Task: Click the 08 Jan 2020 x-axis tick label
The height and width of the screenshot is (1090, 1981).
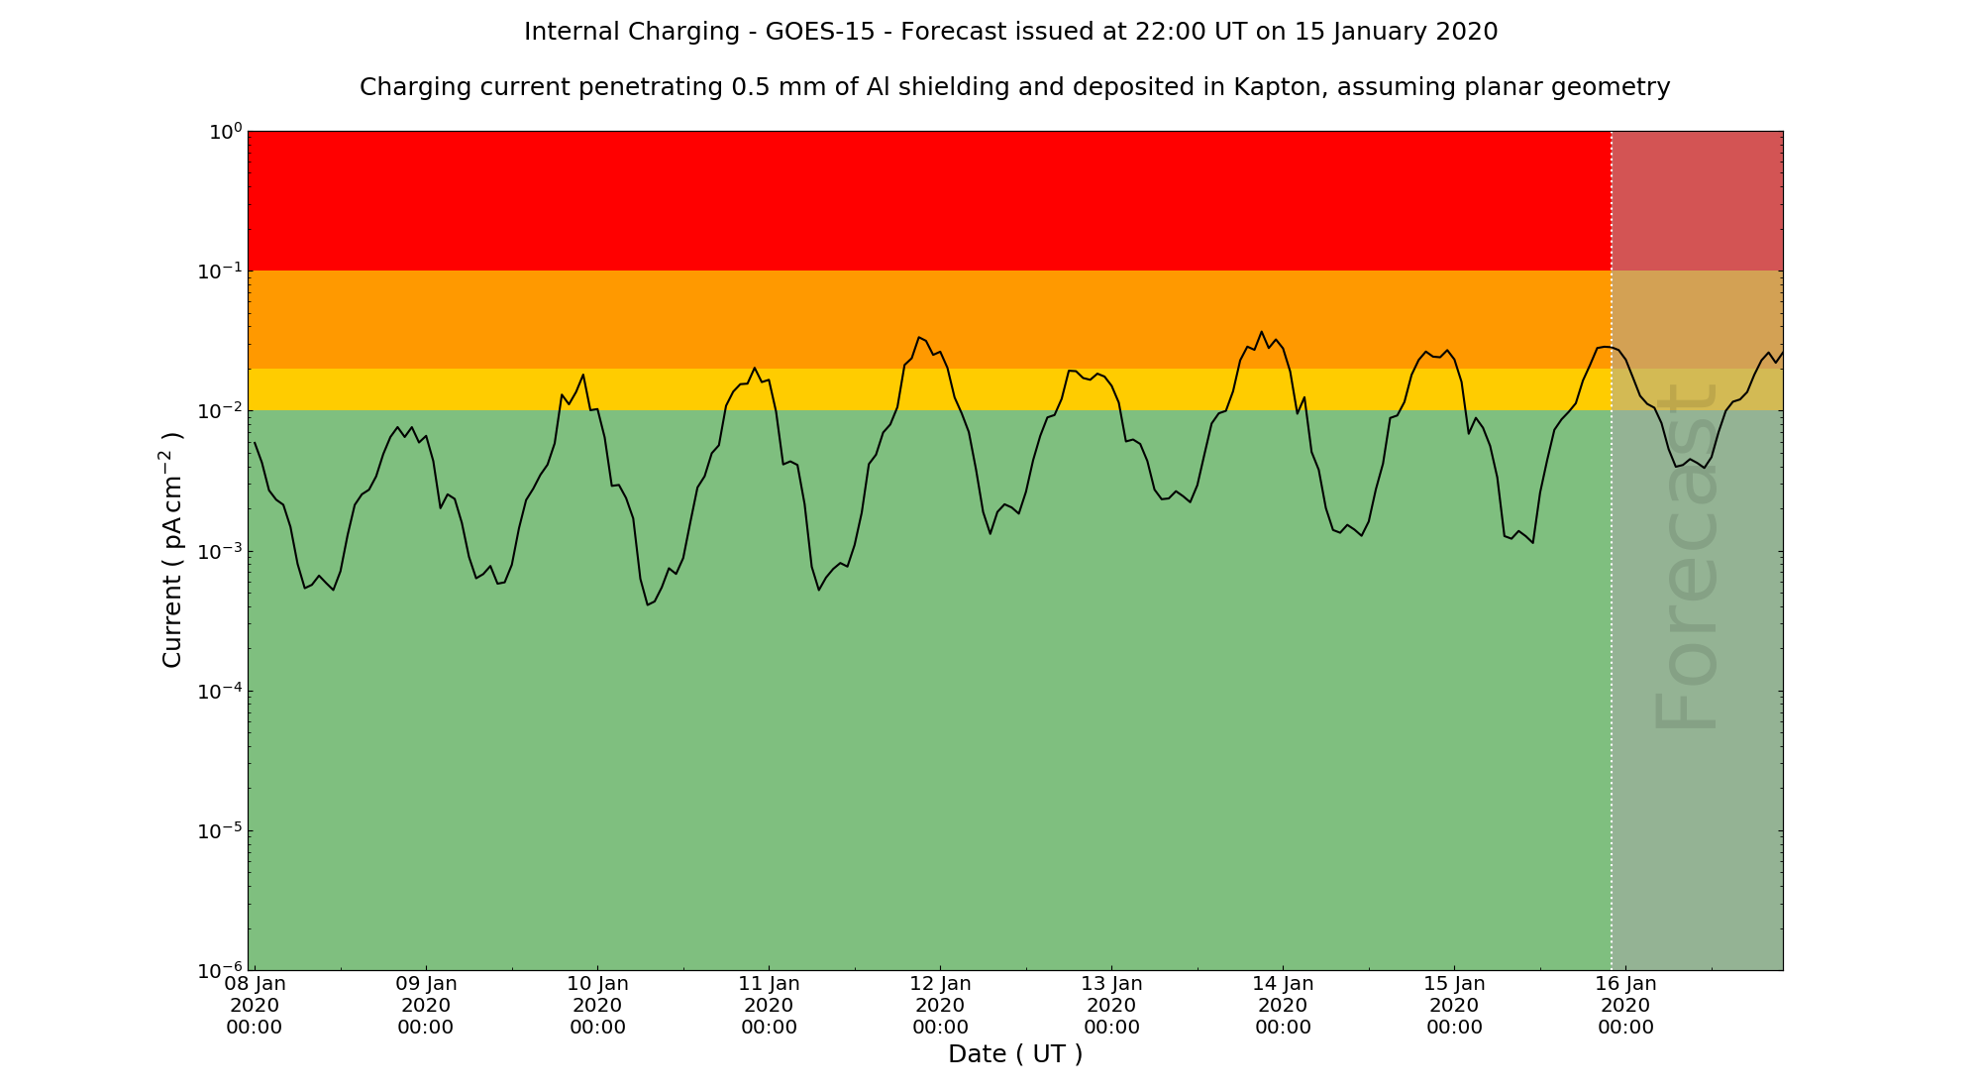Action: click(x=255, y=1005)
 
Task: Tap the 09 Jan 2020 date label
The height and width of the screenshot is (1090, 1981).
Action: click(x=426, y=1005)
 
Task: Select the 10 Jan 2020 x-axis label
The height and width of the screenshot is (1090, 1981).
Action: click(x=597, y=1005)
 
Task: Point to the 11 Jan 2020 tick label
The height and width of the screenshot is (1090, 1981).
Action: click(x=769, y=1005)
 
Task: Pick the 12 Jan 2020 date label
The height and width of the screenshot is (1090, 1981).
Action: click(x=940, y=1005)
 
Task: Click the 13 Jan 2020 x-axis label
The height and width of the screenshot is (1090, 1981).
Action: click(x=1111, y=1005)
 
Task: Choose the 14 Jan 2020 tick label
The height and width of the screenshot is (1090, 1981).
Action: click(x=1283, y=1005)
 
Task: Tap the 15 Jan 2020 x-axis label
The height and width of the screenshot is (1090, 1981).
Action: click(x=1454, y=1005)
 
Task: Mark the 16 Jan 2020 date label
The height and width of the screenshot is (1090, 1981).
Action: click(x=1625, y=1005)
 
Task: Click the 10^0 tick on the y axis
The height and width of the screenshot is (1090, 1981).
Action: click(x=224, y=132)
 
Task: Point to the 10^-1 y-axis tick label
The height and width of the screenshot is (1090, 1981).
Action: click(x=220, y=272)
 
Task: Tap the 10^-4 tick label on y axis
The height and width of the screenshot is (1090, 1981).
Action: click(x=220, y=691)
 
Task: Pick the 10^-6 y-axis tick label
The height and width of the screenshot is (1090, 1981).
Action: click(x=220, y=970)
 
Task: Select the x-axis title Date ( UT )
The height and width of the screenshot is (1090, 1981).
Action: click(x=1015, y=1054)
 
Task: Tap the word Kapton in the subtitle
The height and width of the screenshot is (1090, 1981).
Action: click(x=1276, y=87)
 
